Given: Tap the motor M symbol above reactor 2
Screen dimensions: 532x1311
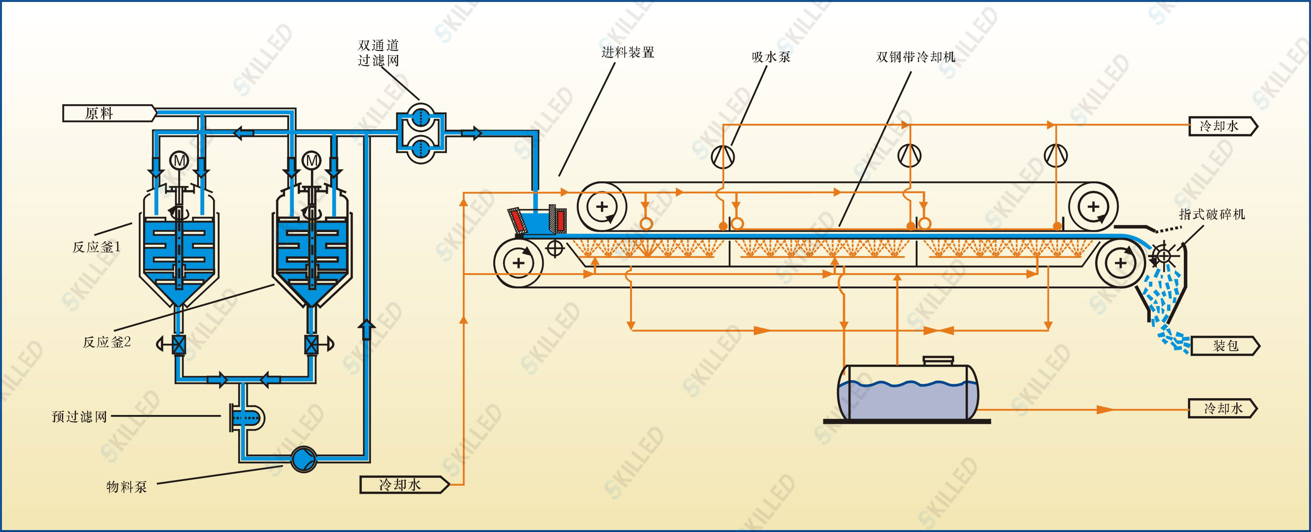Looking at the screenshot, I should coord(312,161).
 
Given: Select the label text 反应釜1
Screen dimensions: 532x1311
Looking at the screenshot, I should coord(97,247).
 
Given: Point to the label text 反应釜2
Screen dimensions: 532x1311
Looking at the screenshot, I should coord(107,342).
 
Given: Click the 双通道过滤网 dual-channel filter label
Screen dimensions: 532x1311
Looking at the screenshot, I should coord(378,53).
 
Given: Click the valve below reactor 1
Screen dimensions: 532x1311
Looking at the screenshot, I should coord(179,345).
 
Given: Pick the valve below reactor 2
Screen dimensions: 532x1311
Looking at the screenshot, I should coord(311,345).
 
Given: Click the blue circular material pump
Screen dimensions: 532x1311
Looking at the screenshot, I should coord(304,459).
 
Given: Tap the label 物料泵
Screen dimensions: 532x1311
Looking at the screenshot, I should coord(127,487).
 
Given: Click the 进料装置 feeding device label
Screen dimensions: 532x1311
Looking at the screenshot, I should coord(628,52).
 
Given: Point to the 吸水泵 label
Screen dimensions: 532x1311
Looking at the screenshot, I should coord(771,57).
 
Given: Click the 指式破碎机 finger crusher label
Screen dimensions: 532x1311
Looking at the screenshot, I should coord(1212,214).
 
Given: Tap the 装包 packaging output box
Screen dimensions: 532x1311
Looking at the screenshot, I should coord(1225,346).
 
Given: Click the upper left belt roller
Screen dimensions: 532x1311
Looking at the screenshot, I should coord(602,207).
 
